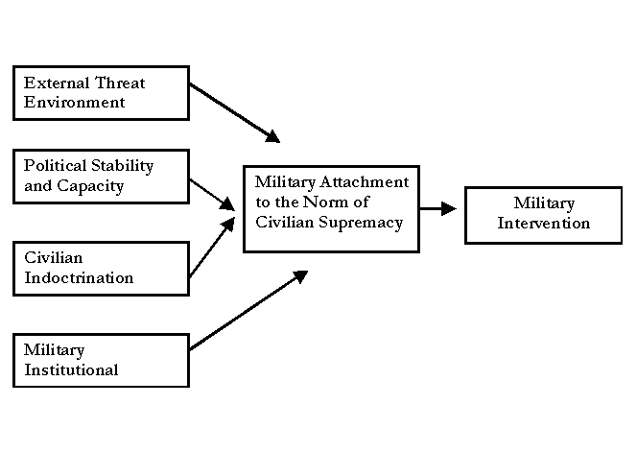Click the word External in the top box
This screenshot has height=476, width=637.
coord(56,83)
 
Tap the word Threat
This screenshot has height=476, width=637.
coord(119,83)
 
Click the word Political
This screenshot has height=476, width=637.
coord(55,166)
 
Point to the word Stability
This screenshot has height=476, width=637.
coord(121,166)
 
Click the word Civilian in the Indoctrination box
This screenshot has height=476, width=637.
coord(54,258)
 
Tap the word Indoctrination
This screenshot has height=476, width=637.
coord(79,277)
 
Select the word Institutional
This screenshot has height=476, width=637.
coord(71,369)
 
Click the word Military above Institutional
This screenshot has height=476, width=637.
coord(54,350)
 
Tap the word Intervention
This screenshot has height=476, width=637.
coord(544,224)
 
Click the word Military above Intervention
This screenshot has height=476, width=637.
coord(544,203)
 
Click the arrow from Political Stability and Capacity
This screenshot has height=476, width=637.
coord(212,192)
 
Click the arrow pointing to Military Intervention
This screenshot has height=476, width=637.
coord(439,208)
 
